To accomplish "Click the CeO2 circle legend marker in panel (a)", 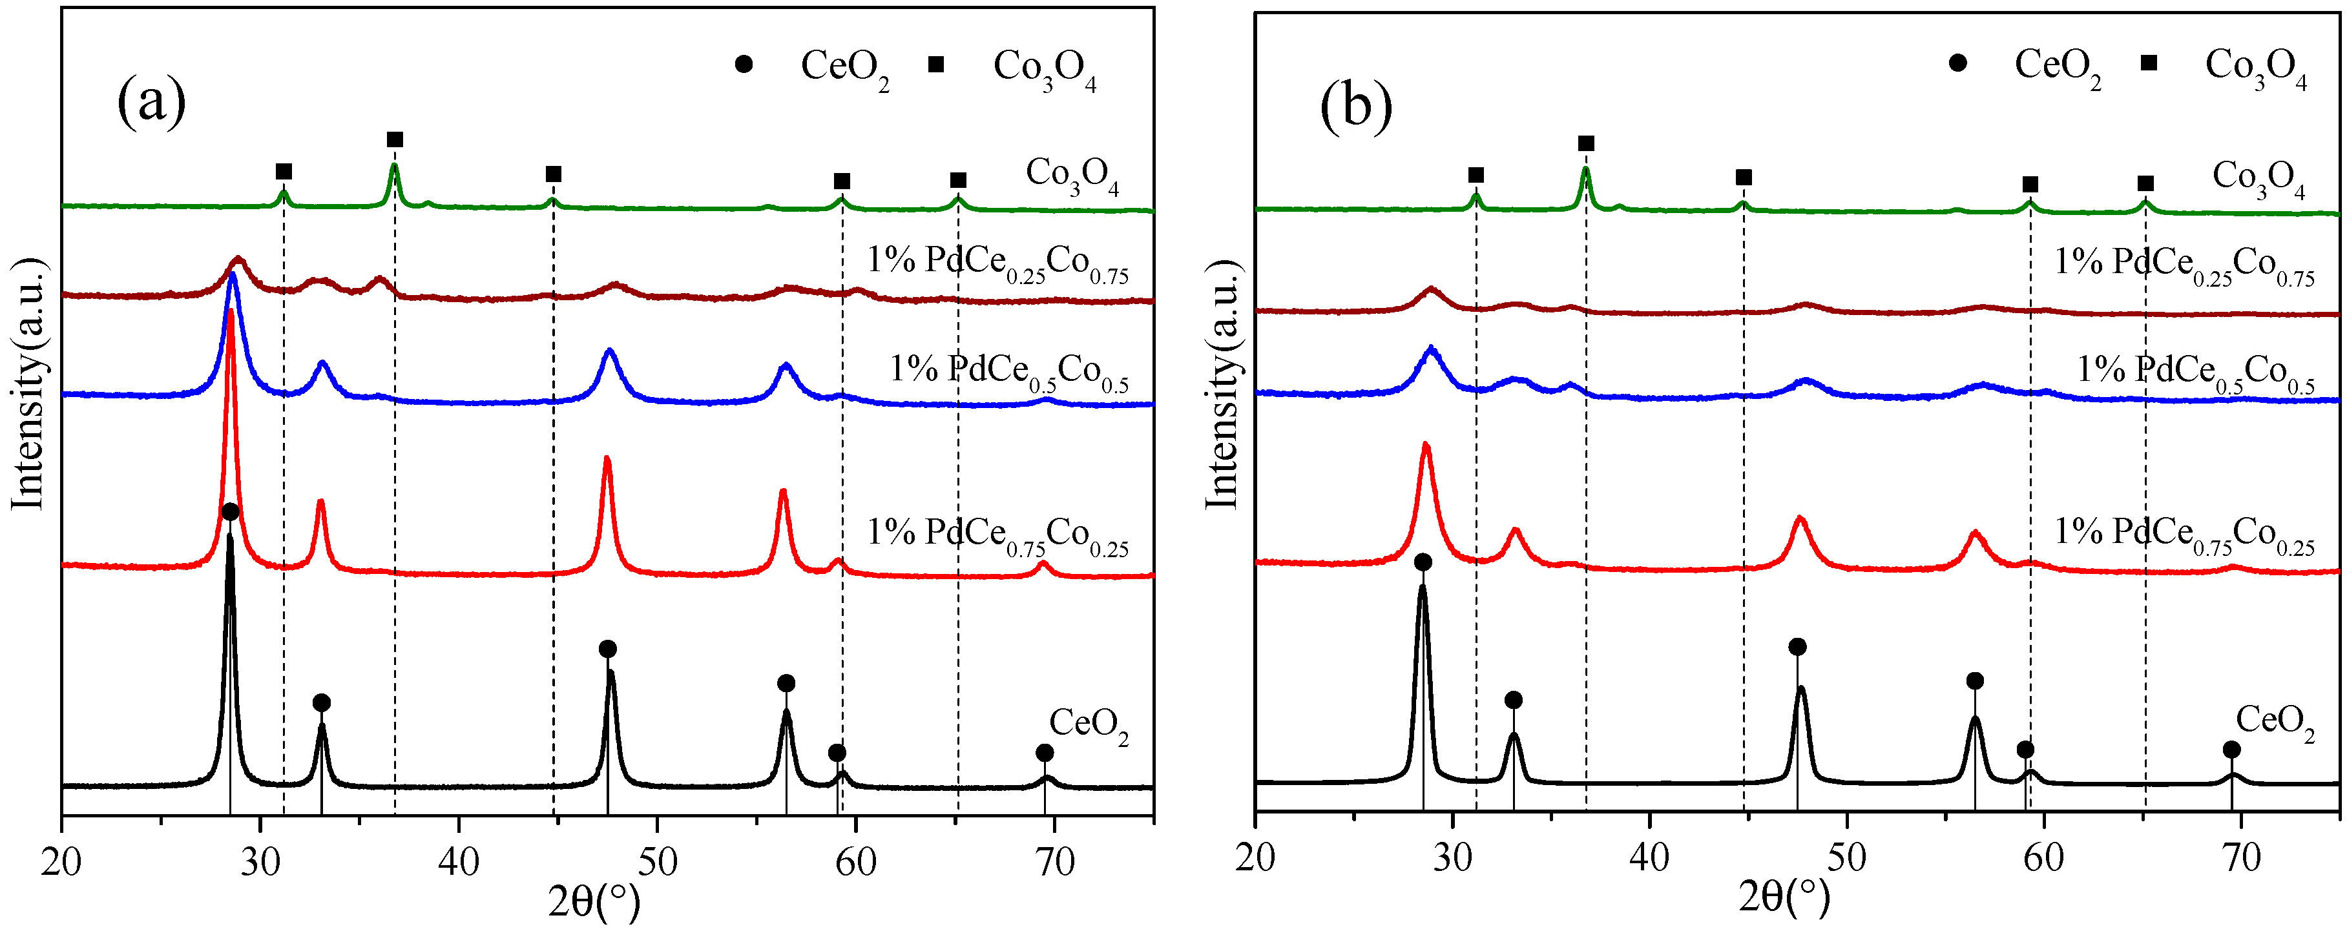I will [x=744, y=64].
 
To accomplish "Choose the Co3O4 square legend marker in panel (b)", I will [x=2149, y=62].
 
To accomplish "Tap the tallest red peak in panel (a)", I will [x=231, y=314].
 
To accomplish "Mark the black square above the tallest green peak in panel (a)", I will [x=395, y=139].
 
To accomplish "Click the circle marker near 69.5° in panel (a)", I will [x=1044, y=752].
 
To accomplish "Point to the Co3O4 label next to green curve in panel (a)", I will [x=1072, y=175].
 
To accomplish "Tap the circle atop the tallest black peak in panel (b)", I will [x=1423, y=562].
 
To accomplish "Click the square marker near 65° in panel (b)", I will [x=2145, y=183].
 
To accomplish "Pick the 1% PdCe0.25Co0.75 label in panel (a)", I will [x=997, y=264].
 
